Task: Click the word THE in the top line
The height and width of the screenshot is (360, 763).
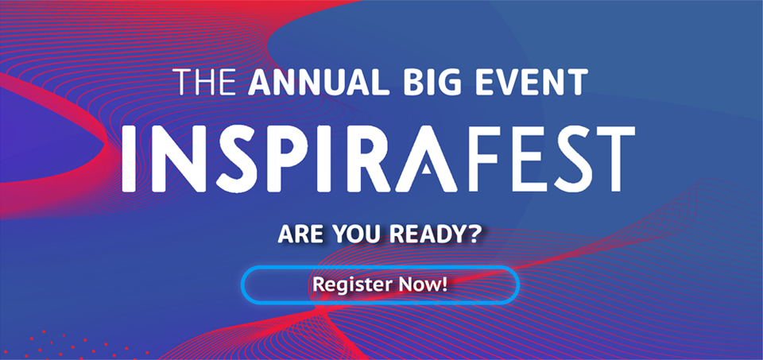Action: [207, 83]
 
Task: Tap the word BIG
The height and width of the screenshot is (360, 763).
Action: [421, 83]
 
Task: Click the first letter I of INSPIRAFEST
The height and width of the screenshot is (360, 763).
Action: [130, 158]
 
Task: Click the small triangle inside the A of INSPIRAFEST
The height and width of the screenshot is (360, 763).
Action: [426, 168]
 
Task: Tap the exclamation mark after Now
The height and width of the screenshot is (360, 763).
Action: [443, 285]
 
